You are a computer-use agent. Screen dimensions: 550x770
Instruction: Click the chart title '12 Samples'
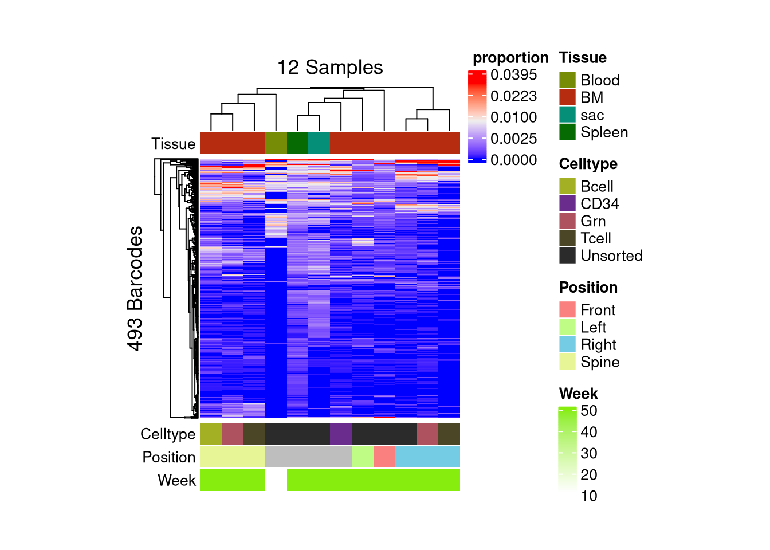click(x=330, y=68)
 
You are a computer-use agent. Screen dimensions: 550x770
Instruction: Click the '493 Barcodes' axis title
click(x=135, y=288)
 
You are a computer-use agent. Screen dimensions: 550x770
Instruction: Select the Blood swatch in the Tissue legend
click(x=567, y=80)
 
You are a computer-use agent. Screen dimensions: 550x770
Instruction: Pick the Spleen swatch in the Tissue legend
click(x=567, y=132)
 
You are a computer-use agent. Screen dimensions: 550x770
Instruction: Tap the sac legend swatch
click(x=567, y=115)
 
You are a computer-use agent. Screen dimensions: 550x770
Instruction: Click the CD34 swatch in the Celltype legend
click(x=567, y=203)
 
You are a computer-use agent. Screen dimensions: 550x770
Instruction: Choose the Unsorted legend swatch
click(x=567, y=256)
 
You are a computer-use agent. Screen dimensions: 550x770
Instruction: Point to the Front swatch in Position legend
click(x=567, y=310)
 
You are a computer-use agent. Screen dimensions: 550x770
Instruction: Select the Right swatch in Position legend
click(x=567, y=344)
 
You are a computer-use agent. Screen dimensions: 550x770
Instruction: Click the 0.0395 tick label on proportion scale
click(x=513, y=75)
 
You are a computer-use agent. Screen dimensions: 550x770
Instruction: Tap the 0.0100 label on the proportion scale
click(x=513, y=117)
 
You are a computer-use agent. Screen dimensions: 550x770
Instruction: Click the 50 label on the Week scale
click(x=589, y=411)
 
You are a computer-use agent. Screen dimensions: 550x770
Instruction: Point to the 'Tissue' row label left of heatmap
click(x=173, y=144)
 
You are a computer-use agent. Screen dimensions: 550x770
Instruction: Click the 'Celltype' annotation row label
click(x=168, y=434)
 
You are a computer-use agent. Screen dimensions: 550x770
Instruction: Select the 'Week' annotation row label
click(x=176, y=480)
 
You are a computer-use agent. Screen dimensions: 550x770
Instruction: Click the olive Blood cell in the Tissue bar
click(x=276, y=143)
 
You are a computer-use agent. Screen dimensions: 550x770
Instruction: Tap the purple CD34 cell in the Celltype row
click(x=341, y=434)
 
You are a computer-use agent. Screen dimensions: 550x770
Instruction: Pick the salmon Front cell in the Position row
click(x=384, y=457)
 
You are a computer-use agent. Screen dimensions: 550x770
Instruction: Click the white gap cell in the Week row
click(x=276, y=480)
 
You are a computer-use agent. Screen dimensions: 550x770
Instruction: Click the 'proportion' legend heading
click(x=510, y=58)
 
